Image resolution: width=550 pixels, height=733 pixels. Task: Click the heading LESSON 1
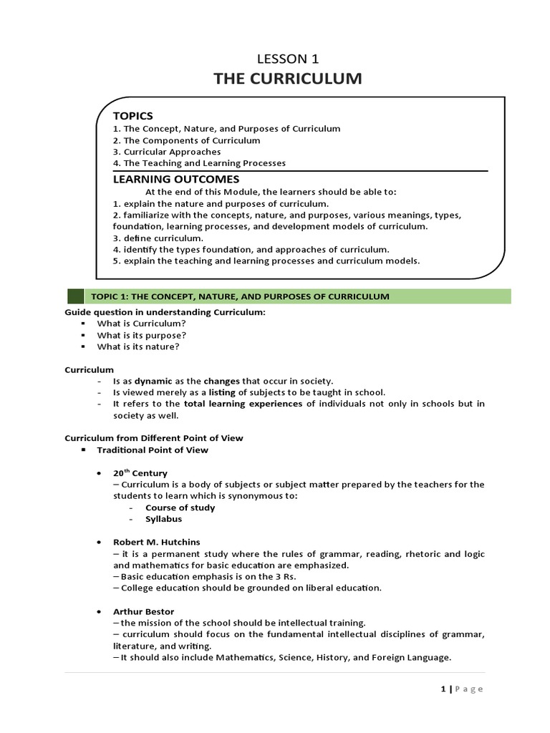(x=287, y=59)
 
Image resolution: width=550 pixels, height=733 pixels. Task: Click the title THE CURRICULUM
(x=287, y=79)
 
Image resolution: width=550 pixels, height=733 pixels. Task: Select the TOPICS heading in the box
(x=132, y=115)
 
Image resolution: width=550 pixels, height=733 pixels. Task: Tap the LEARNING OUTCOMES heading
(x=176, y=179)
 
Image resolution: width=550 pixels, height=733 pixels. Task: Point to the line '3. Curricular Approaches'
(x=167, y=152)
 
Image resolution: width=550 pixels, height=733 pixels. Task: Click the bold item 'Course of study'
(x=180, y=508)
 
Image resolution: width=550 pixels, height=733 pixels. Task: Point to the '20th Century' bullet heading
(x=140, y=473)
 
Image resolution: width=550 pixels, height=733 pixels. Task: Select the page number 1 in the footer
(x=442, y=689)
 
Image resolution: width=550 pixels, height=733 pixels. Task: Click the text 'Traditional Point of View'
(x=153, y=450)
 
